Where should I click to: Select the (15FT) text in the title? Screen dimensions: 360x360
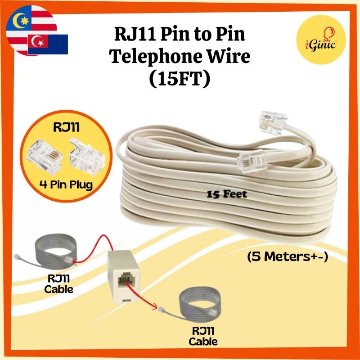(180, 80)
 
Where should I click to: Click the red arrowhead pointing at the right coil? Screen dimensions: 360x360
(157, 308)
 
